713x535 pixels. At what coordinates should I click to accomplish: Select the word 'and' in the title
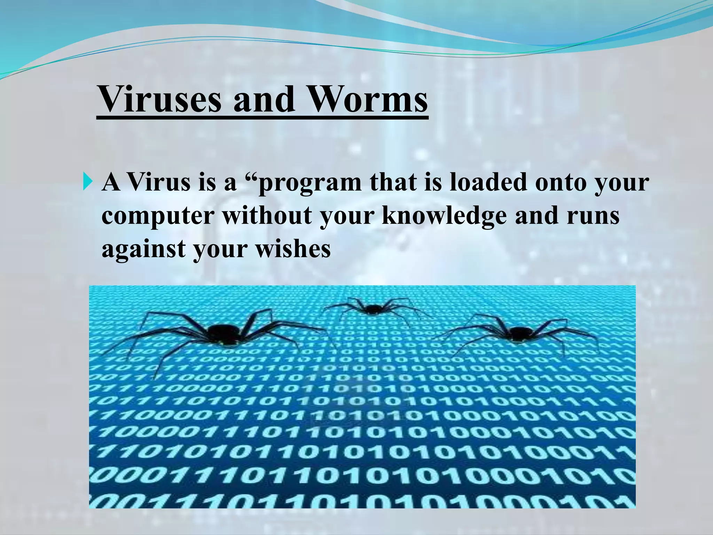click(263, 99)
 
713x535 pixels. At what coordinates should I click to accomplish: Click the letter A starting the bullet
click(111, 183)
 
